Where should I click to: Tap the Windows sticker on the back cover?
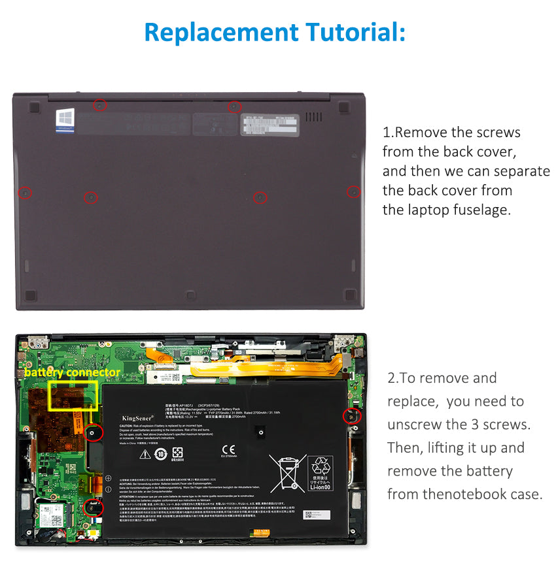click(x=65, y=121)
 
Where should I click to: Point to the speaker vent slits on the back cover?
click(x=314, y=117)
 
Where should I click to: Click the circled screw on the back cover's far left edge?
click(x=25, y=193)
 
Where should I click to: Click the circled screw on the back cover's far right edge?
click(x=353, y=191)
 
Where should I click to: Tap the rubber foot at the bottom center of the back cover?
click(x=190, y=295)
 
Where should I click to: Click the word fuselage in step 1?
click(x=479, y=210)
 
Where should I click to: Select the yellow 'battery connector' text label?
click(x=72, y=372)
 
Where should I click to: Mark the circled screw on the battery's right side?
click(x=351, y=416)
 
